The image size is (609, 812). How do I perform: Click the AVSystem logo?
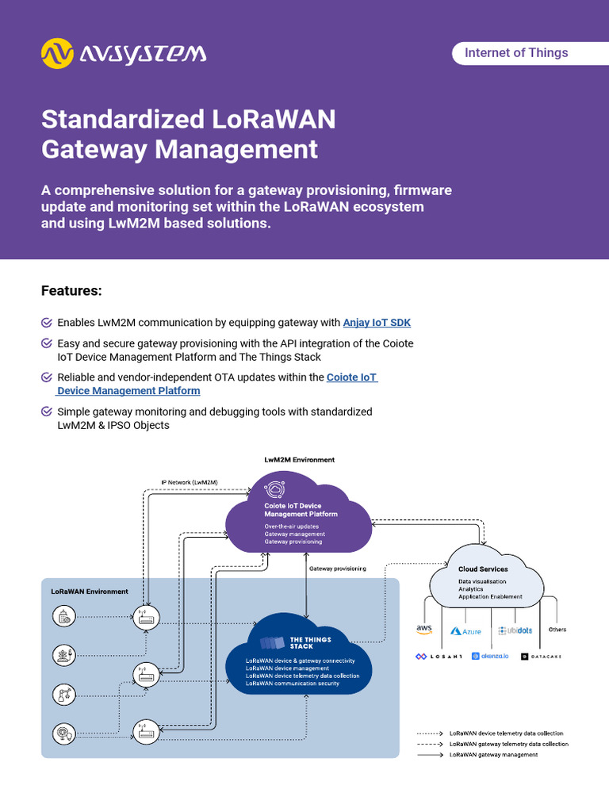pyautogui.click(x=124, y=53)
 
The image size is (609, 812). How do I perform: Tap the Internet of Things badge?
pyautogui.click(x=516, y=53)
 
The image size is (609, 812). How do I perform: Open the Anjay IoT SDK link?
pyautogui.click(x=377, y=323)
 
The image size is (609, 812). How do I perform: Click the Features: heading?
pyautogui.click(x=71, y=291)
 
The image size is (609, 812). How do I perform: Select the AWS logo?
pyautogui.click(x=424, y=630)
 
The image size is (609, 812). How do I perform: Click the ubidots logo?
pyautogui.click(x=515, y=630)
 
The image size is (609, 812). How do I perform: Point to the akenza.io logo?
pyautogui.click(x=489, y=657)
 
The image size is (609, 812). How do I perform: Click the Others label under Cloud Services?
pyautogui.click(x=557, y=630)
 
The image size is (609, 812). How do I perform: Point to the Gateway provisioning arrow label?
pyautogui.click(x=338, y=569)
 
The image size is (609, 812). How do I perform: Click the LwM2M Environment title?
pyautogui.click(x=299, y=460)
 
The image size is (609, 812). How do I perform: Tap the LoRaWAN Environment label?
pyautogui.click(x=89, y=592)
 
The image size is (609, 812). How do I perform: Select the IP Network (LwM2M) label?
pyautogui.click(x=190, y=482)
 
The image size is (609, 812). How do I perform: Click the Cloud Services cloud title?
pyautogui.click(x=483, y=569)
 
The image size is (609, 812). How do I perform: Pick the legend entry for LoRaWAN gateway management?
pyautogui.click(x=493, y=755)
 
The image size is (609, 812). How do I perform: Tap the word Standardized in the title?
pyautogui.click(x=123, y=120)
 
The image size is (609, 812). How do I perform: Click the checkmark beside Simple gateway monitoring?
pyautogui.click(x=47, y=412)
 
